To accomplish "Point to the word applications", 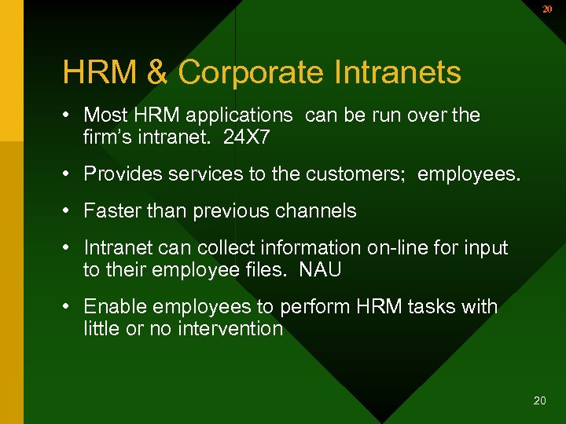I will tap(237, 115).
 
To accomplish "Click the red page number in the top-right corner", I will tap(547, 9).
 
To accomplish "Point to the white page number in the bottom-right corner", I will tap(539, 400).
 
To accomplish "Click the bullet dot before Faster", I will tap(69, 211).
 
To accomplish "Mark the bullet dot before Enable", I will tap(69, 306).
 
